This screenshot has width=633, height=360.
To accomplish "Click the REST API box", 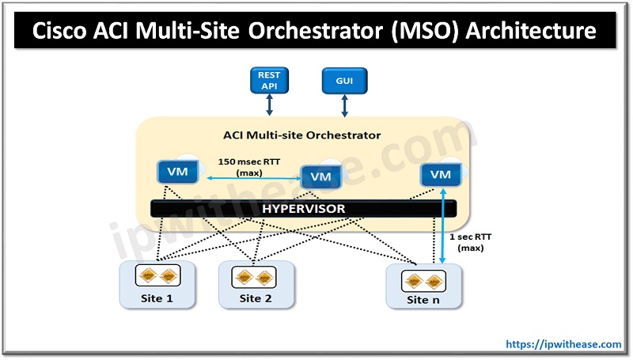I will click(x=269, y=80).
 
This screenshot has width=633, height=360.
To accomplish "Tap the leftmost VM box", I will click(x=172, y=171).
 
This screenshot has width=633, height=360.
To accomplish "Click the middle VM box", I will click(x=320, y=176).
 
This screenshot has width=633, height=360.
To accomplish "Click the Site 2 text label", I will click(x=256, y=298).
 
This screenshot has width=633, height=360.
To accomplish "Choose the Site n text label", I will click(x=423, y=300).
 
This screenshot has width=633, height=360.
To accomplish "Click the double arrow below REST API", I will click(x=269, y=105).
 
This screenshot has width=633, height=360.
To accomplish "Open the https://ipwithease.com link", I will click(x=563, y=344).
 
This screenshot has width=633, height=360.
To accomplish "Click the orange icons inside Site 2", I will click(x=256, y=278).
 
